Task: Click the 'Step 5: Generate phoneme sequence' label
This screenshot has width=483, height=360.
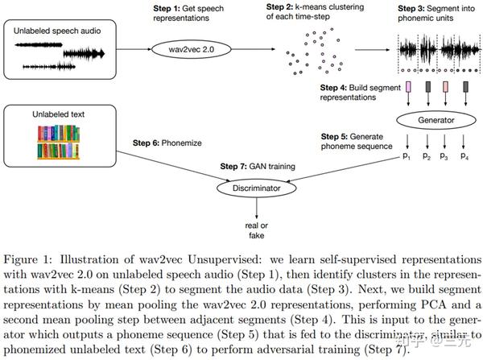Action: pyautogui.click(x=355, y=141)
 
